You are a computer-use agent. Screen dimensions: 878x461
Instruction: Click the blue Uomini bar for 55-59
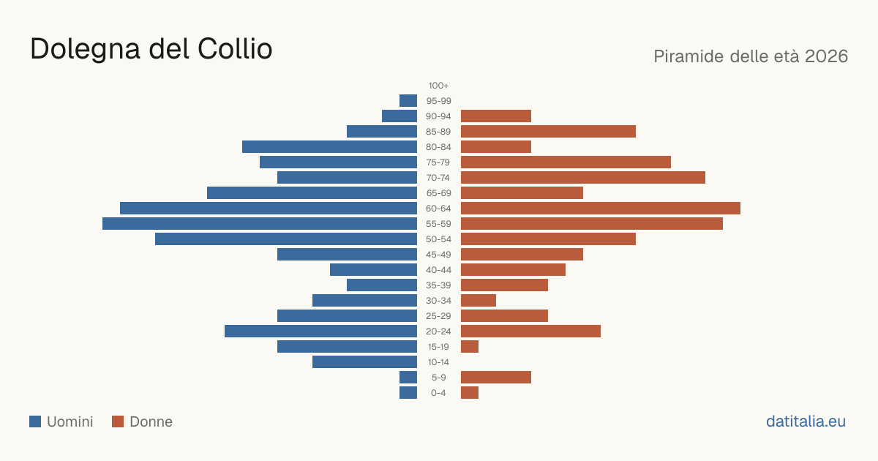(x=260, y=223)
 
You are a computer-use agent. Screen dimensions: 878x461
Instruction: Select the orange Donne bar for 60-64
(x=601, y=208)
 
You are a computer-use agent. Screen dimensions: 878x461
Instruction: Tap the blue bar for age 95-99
(x=408, y=101)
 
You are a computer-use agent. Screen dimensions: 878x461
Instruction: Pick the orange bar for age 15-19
(x=470, y=347)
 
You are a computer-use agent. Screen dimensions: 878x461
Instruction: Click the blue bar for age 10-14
(x=364, y=361)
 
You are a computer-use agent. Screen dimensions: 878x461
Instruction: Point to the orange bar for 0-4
(x=470, y=392)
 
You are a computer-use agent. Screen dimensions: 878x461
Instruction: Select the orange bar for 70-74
(x=583, y=178)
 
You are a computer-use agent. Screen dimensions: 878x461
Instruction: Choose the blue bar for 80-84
(x=330, y=146)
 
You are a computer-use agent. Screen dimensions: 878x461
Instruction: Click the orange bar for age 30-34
(x=479, y=300)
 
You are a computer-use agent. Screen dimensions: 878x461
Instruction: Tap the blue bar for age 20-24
(x=320, y=331)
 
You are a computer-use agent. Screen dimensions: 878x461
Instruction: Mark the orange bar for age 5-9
(x=496, y=377)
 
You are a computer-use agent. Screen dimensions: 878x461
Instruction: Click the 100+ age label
(x=438, y=86)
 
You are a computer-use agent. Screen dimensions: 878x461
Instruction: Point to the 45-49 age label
(x=438, y=255)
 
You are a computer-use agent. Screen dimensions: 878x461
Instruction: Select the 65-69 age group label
(x=438, y=193)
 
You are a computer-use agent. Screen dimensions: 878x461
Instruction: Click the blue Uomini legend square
(x=35, y=421)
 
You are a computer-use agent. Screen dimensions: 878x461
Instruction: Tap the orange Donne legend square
(x=118, y=421)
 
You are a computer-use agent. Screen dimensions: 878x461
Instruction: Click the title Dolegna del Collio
(x=151, y=49)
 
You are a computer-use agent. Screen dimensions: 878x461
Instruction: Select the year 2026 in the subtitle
(x=826, y=56)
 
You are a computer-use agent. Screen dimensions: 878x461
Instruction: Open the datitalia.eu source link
(x=806, y=421)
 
